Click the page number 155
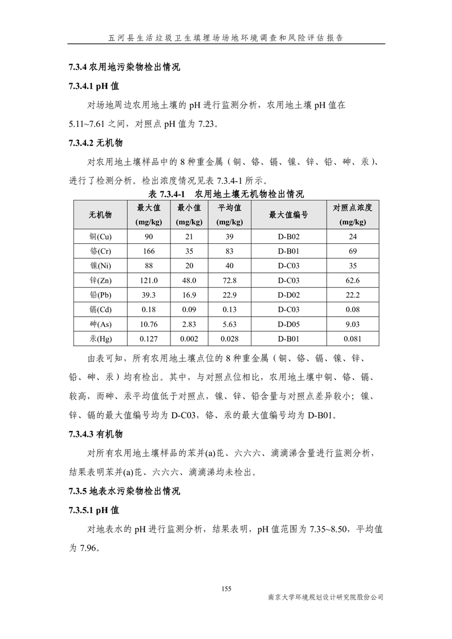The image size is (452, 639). click(226, 588)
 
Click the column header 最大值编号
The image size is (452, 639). click(288, 215)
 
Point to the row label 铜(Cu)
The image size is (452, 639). click(100, 236)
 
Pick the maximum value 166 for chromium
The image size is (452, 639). click(149, 251)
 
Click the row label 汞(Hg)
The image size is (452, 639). click(100, 339)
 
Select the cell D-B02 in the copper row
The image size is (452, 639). click(288, 236)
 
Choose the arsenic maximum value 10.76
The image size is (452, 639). click(149, 324)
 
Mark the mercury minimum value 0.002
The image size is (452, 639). click(189, 339)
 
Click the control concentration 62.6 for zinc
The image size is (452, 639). click(353, 280)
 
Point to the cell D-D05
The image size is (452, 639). click(288, 324)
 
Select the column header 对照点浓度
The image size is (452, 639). click(353, 215)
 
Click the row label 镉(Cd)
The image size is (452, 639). click(100, 310)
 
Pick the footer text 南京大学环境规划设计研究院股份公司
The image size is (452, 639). click(325, 597)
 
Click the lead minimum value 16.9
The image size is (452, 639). click(189, 295)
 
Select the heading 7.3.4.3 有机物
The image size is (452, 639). click(95, 435)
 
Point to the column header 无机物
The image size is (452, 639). click(100, 215)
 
